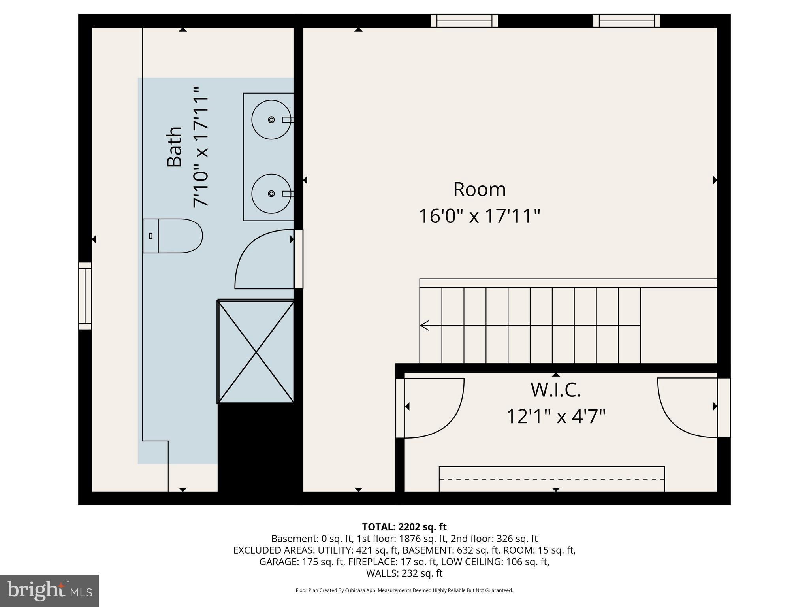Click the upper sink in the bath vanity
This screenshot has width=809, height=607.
coord(271,119)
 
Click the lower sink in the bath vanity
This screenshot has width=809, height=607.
coord(271,193)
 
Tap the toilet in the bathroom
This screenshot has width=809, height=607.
coord(173,236)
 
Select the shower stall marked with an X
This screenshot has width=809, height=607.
coord(256,352)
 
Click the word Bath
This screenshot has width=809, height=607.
coord(174,147)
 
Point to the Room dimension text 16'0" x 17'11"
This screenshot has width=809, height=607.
coord(479,216)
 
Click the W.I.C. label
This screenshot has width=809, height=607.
coord(556,390)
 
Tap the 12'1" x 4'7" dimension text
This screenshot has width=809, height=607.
coord(556,417)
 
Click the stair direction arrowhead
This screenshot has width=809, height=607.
coord(425,326)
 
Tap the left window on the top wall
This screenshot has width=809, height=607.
coord(464,21)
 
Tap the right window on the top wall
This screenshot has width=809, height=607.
coord(627,21)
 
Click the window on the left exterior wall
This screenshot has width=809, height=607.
coord(85,296)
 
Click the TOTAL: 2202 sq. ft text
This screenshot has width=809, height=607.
coord(404,527)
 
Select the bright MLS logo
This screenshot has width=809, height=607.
coord(49,590)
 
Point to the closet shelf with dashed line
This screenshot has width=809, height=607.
coord(551,479)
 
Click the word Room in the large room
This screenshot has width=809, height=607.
coord(479,189)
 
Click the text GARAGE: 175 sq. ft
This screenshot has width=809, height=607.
coord(301,562)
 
